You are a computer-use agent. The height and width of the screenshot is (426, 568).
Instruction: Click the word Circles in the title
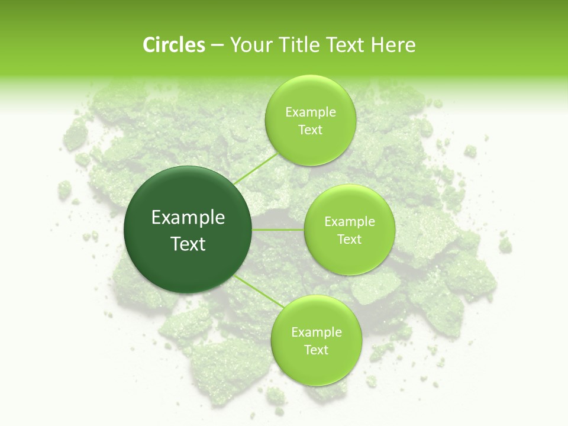[174, 45]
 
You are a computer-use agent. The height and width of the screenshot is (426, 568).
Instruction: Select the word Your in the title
[247, 45]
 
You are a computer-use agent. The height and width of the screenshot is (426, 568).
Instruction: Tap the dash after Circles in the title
[217, 46]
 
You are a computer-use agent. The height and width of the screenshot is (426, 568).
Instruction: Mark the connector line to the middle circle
[278, 229]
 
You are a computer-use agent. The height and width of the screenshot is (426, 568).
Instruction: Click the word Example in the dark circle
[188, 218]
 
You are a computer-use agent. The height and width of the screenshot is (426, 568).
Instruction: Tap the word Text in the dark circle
[188, 244]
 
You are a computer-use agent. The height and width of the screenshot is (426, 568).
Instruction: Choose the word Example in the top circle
[310, 112]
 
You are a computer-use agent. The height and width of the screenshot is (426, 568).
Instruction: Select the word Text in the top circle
[310, 130]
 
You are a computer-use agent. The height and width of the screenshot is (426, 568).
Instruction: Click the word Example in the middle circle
[349, 222]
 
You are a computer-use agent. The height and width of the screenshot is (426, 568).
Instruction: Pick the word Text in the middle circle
[349, 240]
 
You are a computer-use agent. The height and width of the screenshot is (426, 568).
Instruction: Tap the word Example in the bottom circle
[316, 333]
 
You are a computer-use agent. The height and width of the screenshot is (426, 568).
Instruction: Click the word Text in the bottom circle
[316, 350]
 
